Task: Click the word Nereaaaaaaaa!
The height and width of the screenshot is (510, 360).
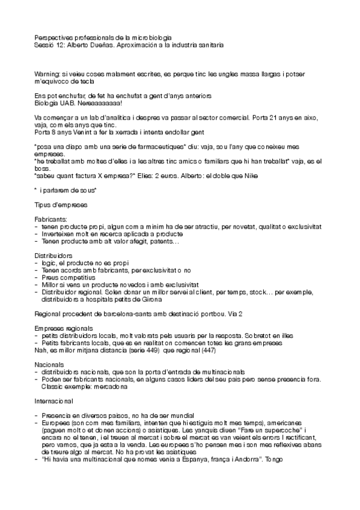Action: point(90,103)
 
